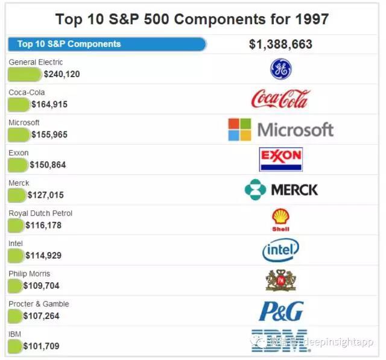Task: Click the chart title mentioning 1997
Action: click(x=192, y=18)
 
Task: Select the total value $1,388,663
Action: click(x=280, y=44)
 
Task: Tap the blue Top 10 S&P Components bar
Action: click(x=107, y=44)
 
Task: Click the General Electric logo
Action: click(x=280, y=69)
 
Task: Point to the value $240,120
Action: click(x=62, y=74)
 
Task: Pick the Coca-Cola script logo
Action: click(x=280, y=98)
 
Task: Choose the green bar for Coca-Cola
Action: click(x=19, y=104)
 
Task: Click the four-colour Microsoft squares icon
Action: click(x=239, y=129)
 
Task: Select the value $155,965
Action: click(x=49, y=134)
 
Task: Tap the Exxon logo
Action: click(x=280, y=159)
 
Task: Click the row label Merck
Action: click(x=19, y=183)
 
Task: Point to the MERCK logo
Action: click(x=281, y=190)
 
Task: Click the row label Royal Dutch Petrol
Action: click(x=40, y=213)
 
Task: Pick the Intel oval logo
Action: click(x=280, y=250)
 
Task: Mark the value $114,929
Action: click(x=43, y=255)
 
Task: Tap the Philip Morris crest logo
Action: click(x=280, y=280)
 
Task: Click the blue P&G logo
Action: click(x=280, y=311)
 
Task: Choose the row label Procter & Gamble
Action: click(x=39, y=303)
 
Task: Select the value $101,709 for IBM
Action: click(x=41, y=346)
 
